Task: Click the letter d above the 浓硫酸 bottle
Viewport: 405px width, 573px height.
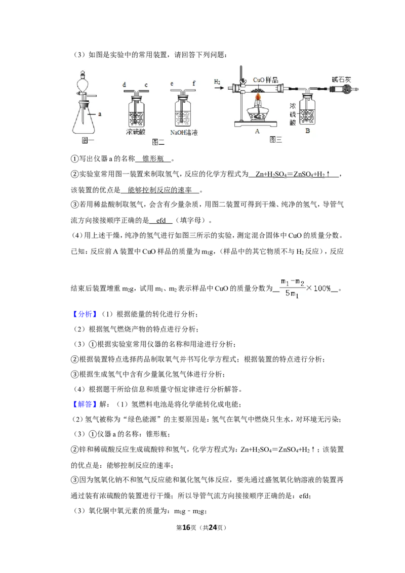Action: (124, 85)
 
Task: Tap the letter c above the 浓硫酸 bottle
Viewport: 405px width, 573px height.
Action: (146, 85)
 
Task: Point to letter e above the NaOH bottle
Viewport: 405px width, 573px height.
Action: (172, 84)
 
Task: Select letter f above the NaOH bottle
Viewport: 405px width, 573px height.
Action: (194, 83)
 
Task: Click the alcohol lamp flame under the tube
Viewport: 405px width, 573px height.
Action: (258, 98)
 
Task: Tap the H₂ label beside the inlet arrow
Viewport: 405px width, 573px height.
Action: (218, 81)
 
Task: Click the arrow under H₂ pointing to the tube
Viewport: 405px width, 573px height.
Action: (219, 88)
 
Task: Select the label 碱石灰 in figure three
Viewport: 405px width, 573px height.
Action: (341, 79)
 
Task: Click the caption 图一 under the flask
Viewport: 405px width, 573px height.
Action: (88, 140)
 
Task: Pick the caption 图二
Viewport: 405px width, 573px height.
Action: (158, 142)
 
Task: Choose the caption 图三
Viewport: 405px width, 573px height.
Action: (275, 139)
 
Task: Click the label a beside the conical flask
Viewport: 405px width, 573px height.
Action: (99, 114)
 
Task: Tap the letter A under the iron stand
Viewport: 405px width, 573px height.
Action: (257, 131)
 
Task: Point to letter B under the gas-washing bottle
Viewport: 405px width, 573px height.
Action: (307, 131)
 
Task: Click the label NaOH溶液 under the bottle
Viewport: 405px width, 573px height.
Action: (184, 132)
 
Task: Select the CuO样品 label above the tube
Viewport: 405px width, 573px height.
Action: (266, 79)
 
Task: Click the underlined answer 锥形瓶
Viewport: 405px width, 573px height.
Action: (153, 158)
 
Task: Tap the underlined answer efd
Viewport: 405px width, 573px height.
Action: (161, 220)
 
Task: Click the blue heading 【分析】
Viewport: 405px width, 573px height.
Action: (85, 314)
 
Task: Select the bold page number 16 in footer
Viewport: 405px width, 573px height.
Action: (186, 527)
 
